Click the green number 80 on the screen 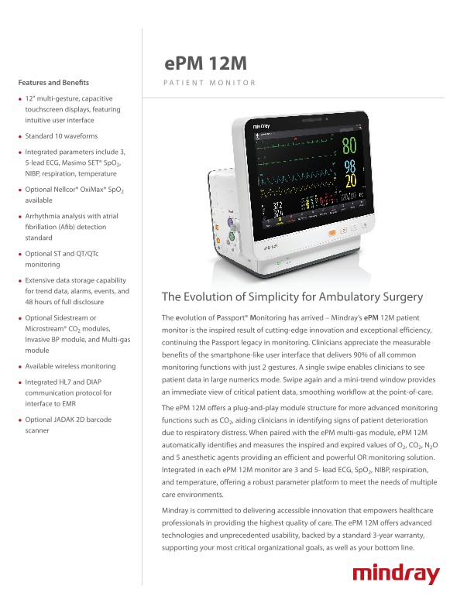pyautogui.click(x=349, y=146)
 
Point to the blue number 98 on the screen pyautogui.click(x=350, y=167)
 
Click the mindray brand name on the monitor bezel pyautogui.click(x=264, y=123)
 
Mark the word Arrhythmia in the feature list pyautogui.click(x=45, y=218)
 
